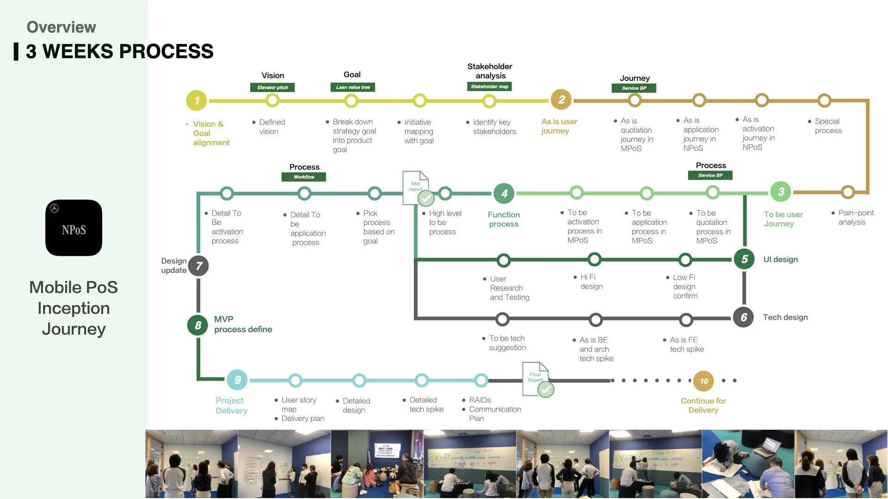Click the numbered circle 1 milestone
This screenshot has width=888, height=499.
[197, 100]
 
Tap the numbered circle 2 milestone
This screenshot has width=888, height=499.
[561, 99]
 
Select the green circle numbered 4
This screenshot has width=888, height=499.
[504, 194]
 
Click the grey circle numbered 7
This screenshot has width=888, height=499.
[198, 266]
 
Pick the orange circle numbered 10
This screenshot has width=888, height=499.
[703, 381]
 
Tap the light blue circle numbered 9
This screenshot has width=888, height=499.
[237, 380]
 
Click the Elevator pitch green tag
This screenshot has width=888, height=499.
[272, 87]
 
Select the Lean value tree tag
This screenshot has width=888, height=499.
[353, 87]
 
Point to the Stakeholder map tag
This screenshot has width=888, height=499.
[489, 86]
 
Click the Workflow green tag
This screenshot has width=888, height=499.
[304, 177]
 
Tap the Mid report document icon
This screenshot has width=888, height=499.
[418, 188]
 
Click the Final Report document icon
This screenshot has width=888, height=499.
[537, 379]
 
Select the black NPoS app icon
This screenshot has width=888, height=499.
[74, 228]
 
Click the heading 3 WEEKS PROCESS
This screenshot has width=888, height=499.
[119, 51]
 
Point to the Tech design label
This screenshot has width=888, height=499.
[785, 317]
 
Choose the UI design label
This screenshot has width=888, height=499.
[781, 260]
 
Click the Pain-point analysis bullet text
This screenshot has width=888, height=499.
[856, 218]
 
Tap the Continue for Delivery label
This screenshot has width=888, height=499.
[703, 405]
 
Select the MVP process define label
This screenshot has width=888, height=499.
[243, 324]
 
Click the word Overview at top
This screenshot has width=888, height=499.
[61, 27]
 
